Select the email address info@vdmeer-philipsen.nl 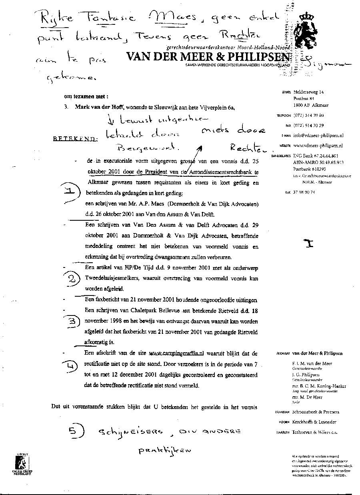click(316, 136)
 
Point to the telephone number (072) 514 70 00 click(308, 115)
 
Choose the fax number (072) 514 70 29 click(308, 126)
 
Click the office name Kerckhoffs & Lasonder click(314, 422)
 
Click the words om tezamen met click(85, 96)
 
